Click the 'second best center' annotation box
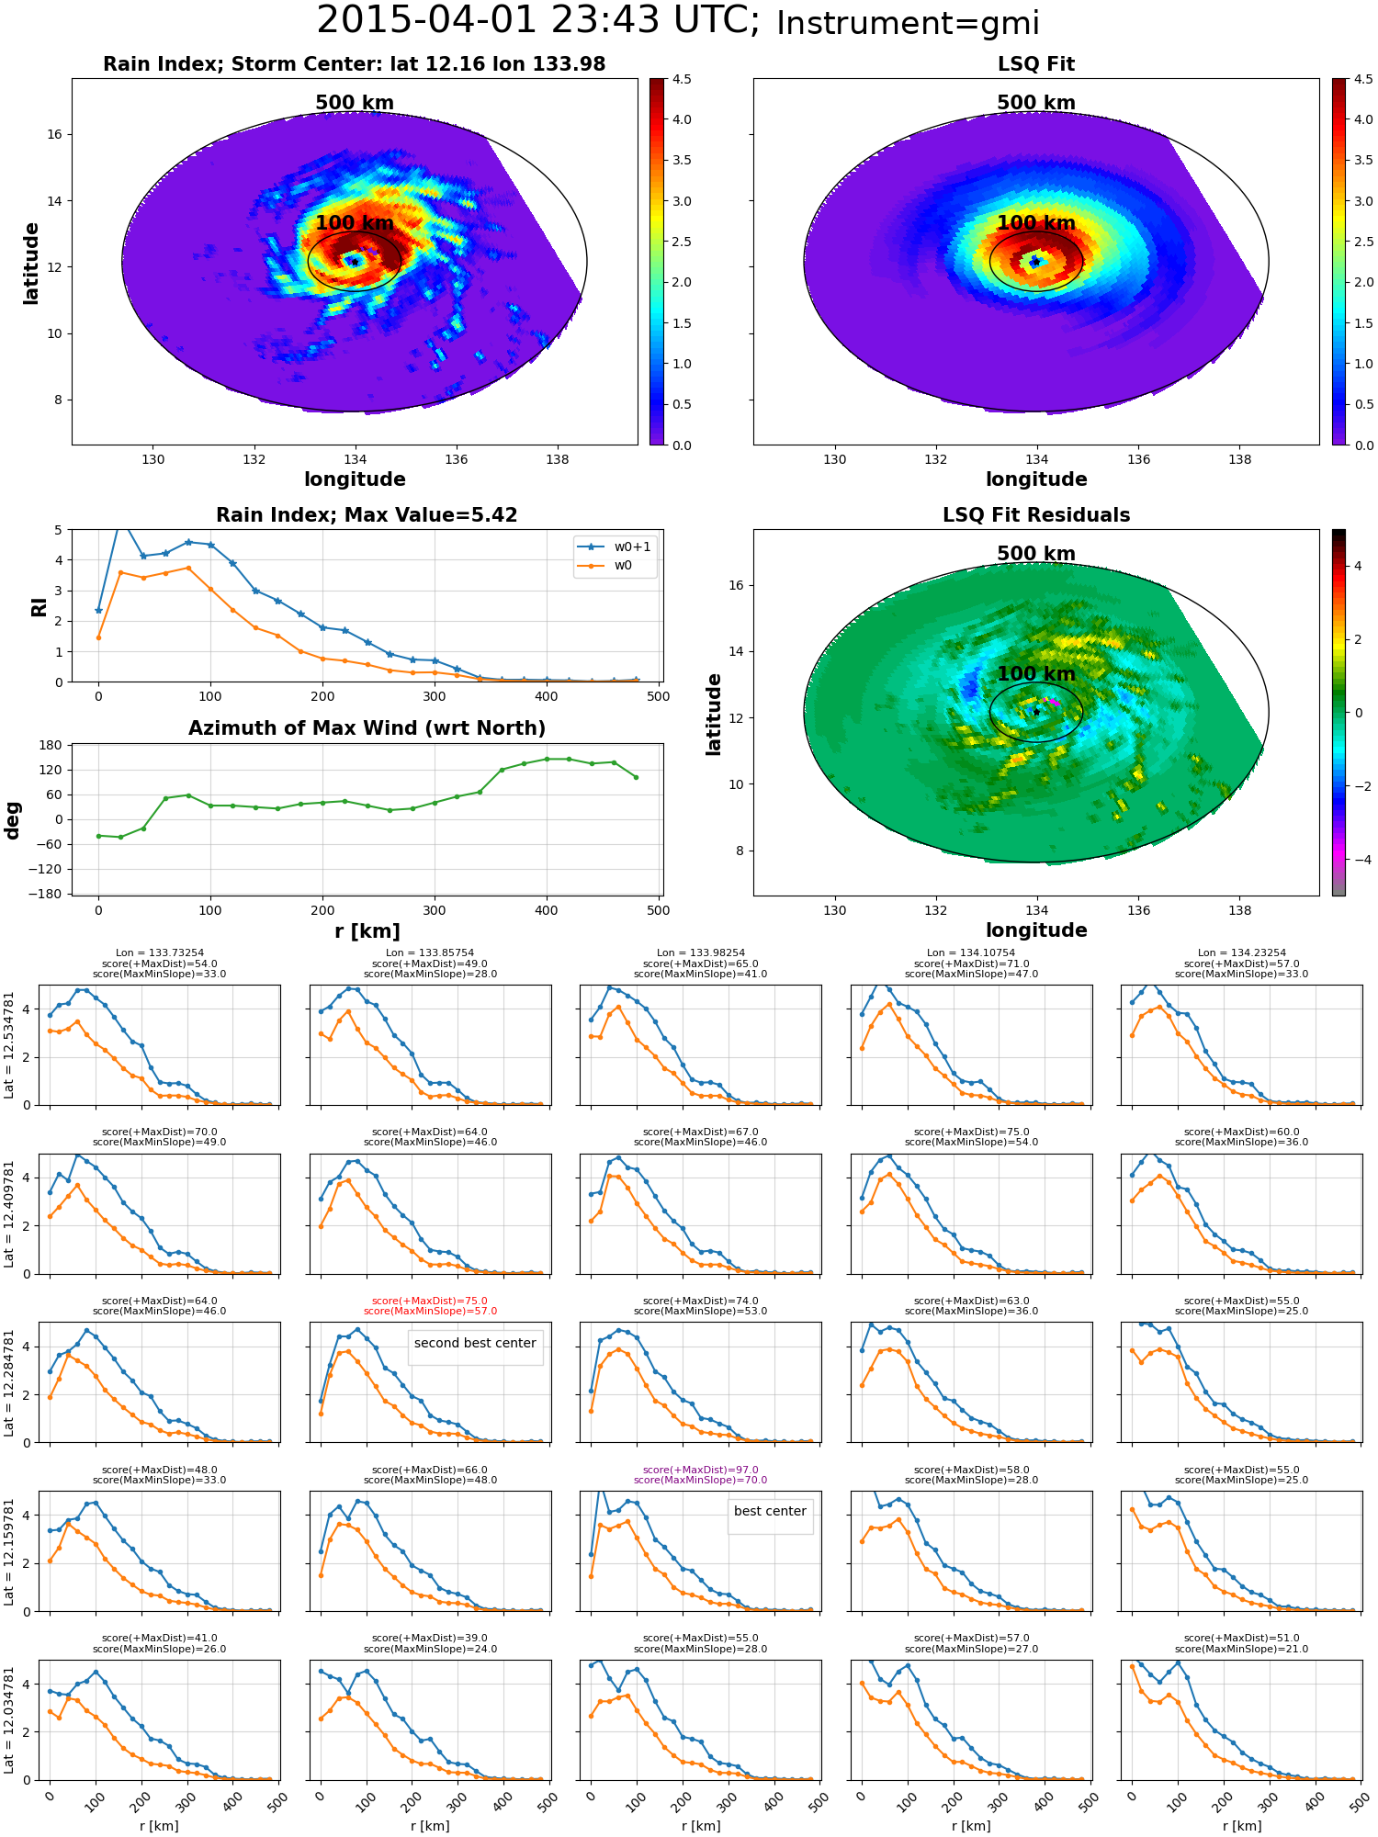[x=475, y=1347]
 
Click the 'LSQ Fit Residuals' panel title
[x=1036, y=515]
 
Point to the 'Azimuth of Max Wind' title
[x=367, y=728]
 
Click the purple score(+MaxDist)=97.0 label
[x=700, y=1470]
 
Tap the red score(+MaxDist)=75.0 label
[x=430, y=1301]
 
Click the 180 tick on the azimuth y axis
[x=51, y=745]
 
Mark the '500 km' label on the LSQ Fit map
[x=1036, y=103]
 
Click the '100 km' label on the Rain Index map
[x=355, y=223]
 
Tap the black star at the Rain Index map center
[x=355, y=262]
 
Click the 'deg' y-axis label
[x=13, y=820]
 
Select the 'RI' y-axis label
[x=39, y=606]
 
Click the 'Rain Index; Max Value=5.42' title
[x=367, y=515]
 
